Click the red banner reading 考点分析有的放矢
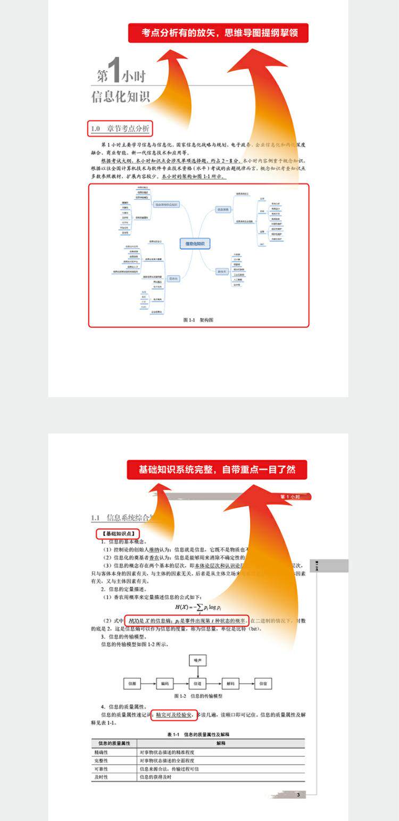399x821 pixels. click(x=218, y=33)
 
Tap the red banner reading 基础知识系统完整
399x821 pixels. click(x=217, y=470)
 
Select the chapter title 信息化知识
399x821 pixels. click(x=121, y=97)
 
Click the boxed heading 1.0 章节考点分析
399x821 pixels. click(x=120, y=129)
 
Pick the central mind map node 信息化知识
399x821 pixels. click(x=195, y=244)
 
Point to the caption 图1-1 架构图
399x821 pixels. click(x=198, y=320)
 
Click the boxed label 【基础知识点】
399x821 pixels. click(x=118, y=533)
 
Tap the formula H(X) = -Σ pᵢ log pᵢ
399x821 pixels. click(x=198, y=607)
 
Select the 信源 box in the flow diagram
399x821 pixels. click(x=132, y=684)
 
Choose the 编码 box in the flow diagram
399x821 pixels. click(x=165, y=684)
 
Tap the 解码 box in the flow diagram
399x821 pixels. click(x=230, y=684)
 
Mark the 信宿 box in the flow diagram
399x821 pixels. click(x=263, y=684)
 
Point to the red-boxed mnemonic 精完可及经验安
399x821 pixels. click(x=174, y=715)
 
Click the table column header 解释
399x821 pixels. click(x=221, y=743)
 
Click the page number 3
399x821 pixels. click(x=298, y=795)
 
